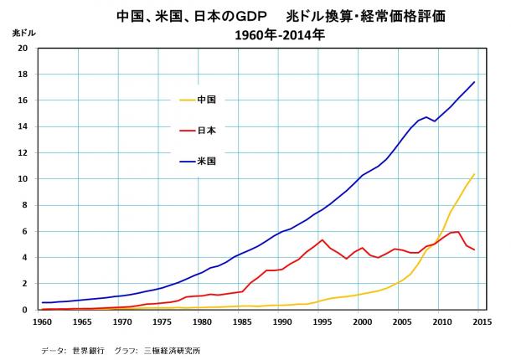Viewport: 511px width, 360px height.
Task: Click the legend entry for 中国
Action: click(x=207, y=100)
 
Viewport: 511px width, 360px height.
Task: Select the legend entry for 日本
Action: click(x=207, y=130)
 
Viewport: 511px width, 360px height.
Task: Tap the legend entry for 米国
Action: click(x=207, y=160)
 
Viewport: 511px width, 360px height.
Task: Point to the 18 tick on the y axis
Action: click(x=26, y=74)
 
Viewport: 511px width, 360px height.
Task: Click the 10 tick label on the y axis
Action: click(x=26, y=178)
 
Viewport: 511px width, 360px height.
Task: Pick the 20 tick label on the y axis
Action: click(x=26, y=48)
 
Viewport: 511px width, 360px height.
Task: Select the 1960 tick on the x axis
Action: click(x=41, y=320)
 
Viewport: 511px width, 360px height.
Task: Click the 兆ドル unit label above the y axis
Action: click(x=23, y=33)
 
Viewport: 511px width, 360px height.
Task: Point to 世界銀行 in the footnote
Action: click(x=87, y=349)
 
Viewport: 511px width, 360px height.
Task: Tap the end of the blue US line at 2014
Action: click(x=474, y=82)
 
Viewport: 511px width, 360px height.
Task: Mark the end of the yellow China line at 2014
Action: click(x=474, y=174)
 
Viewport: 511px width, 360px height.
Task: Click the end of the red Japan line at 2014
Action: click(x=474, y=249)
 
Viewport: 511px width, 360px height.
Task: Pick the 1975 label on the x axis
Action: click(x=161, y=320)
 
